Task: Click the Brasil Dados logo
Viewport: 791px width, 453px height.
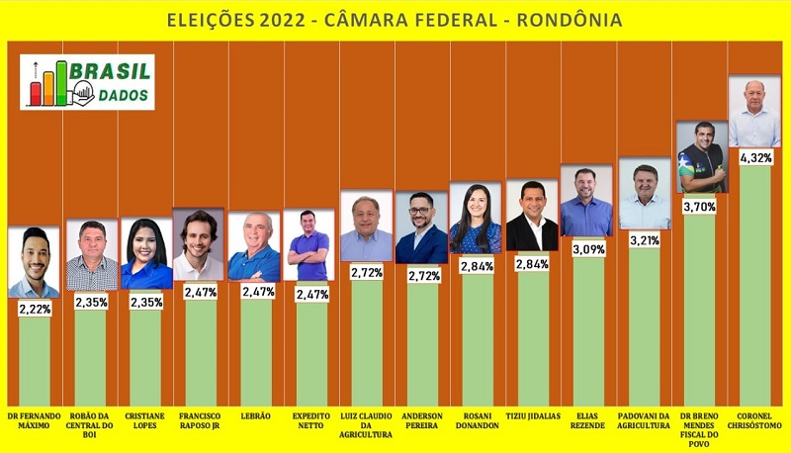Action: [x=88, y=82]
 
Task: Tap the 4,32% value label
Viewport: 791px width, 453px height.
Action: [x=754, y=157]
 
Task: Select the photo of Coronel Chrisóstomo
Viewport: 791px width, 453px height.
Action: [x=754, y=113]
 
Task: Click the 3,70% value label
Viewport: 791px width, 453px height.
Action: [x=699, y=206]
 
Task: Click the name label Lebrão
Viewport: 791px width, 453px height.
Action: [x=255, y=416]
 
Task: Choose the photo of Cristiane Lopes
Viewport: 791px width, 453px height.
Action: [x=146, y=254]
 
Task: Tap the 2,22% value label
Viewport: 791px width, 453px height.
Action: [x=34, y=309]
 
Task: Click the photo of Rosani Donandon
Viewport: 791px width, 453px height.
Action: [x=476, y=218]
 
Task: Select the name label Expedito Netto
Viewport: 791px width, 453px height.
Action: [x=310, y=421]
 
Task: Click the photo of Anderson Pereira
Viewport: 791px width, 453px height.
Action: [x=421, y=227]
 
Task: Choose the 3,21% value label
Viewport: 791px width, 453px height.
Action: [x=644, y=240]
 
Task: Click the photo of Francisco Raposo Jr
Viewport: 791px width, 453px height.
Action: [x=199, y=243]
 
